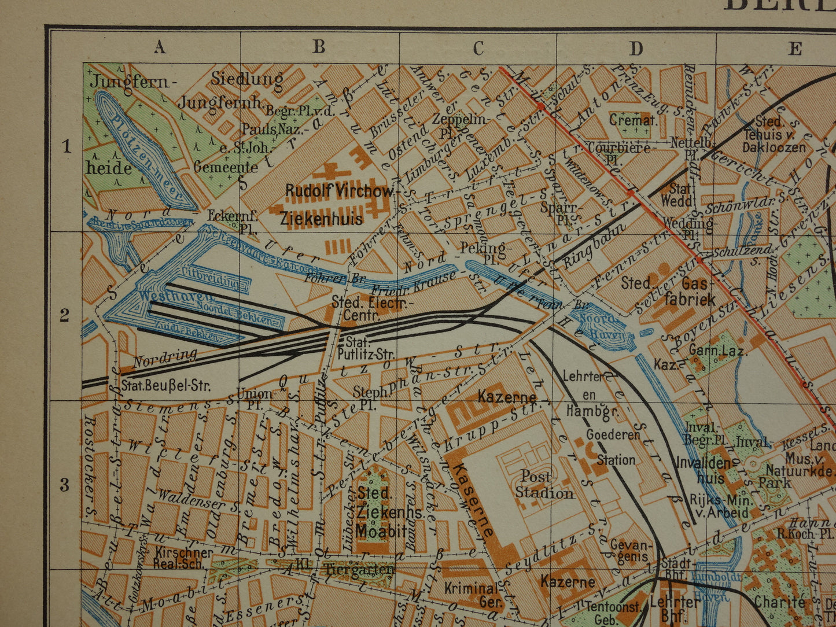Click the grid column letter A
point(160,47)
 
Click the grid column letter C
point(478,48)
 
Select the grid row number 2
point(65,315)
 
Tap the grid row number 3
point(65,485)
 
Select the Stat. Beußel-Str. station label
point(166,385)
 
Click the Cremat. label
point(633,121)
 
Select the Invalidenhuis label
point(702,470)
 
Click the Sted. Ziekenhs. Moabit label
point(382,512)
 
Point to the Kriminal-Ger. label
point(472,595)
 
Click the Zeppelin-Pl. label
point(466,124)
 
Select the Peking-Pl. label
point(483,253)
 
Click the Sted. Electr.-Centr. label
point(371,309)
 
